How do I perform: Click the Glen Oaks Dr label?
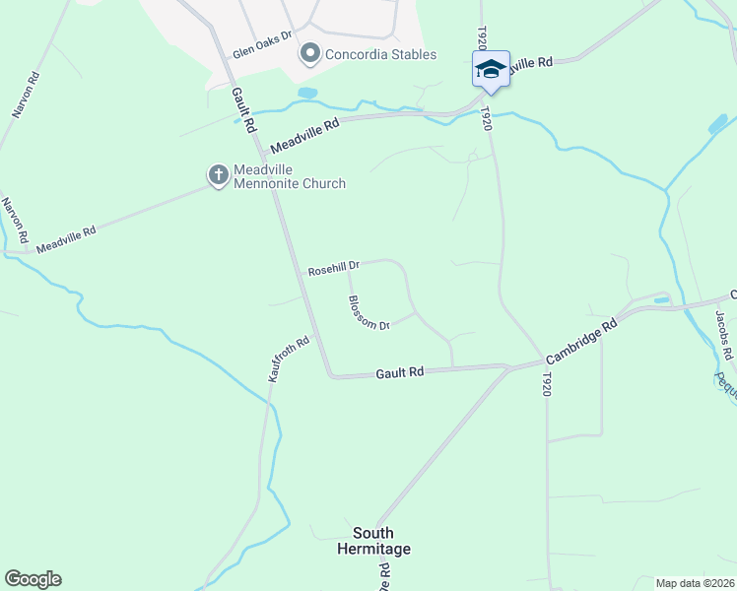point(262,44)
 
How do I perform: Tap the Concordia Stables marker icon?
point(311,53)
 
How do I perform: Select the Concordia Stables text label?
point(380,54)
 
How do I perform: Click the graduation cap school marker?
point(491,69)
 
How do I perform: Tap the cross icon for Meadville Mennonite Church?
point(218,175)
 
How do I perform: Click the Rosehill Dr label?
point(334,268)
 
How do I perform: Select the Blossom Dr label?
point(368,312)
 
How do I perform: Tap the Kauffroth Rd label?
point(289,361)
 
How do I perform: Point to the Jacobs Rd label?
point(723,334)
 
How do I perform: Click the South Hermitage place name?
point(373,541)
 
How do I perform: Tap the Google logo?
point(33,579)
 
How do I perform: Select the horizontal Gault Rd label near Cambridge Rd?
point(400,373)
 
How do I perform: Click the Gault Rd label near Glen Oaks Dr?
point(244,109)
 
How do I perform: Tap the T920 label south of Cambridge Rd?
point(547,384)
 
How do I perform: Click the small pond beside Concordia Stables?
point(307,93)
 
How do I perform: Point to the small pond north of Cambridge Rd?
point(660,299)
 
